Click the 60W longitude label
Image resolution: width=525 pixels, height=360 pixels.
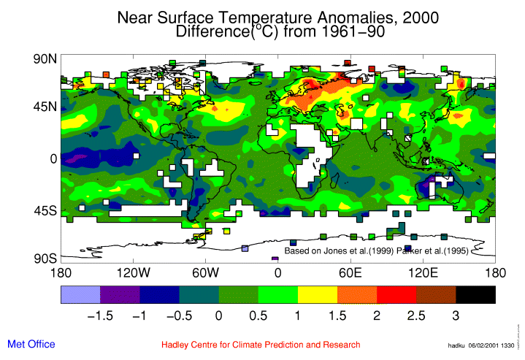coord(206,273)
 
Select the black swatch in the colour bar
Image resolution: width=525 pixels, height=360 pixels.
coord(475,294)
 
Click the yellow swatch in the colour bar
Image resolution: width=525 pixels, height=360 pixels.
coord(317,294)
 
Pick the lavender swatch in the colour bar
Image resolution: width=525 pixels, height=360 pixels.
coord(80,294)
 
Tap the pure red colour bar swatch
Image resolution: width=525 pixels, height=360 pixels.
coord(396,294)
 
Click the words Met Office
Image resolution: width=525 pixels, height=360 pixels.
coord(31,344)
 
